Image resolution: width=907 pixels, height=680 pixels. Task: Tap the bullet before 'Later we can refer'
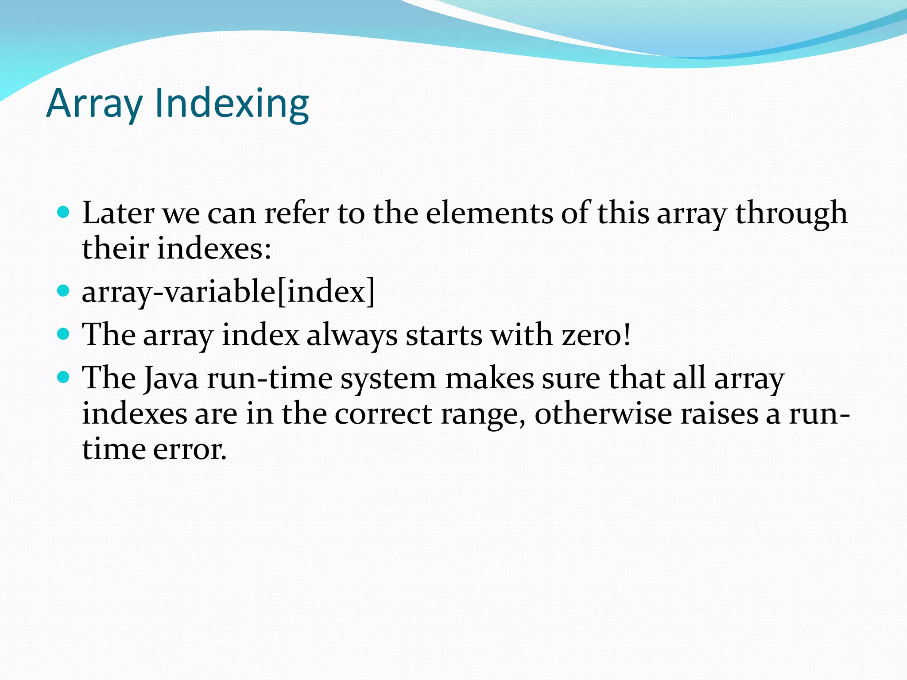64,212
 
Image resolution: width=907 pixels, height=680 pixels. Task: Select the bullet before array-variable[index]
64,291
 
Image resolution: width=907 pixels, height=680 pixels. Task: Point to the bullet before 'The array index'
64,334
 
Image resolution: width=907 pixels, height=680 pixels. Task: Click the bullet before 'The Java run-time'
64,377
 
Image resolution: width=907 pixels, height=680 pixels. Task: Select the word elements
489,213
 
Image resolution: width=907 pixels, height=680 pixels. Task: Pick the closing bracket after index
371,292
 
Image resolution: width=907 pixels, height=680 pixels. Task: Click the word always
352,336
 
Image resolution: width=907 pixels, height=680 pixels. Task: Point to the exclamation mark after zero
626,335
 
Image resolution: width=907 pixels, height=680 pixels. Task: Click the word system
388,380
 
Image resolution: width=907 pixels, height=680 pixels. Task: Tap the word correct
384,414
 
